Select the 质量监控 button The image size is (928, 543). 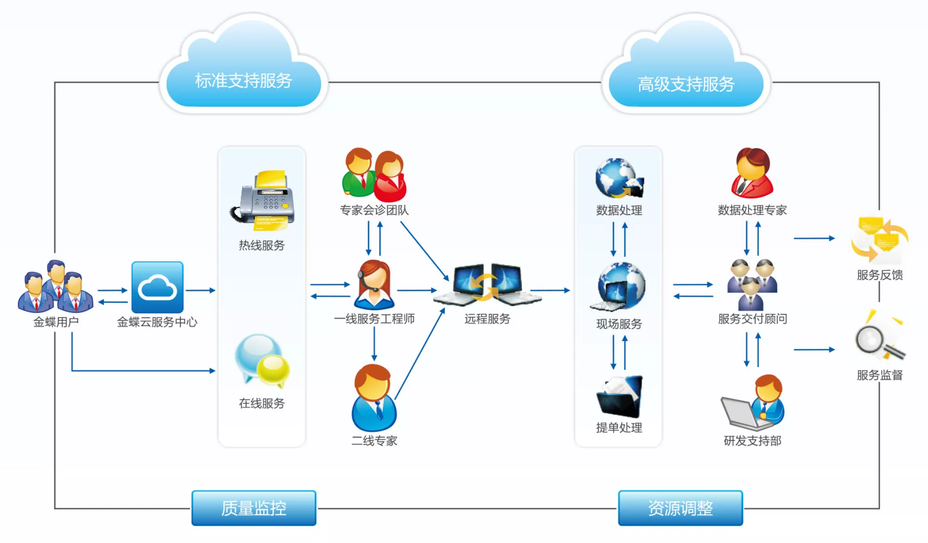[254, 508]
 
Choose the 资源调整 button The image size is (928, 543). [680, 508]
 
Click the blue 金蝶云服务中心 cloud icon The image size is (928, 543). [157, 287]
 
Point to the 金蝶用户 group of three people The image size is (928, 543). [55, 287]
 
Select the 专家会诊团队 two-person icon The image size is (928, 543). [374, 175]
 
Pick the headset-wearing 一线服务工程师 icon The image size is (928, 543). [374, 285]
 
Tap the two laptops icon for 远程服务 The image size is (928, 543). [487, 285]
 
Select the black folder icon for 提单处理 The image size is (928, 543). [619, 396]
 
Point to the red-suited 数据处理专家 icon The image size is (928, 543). [752, 174]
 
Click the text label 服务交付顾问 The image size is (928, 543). [752, 319]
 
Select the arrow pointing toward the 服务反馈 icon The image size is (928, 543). [814, 238]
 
